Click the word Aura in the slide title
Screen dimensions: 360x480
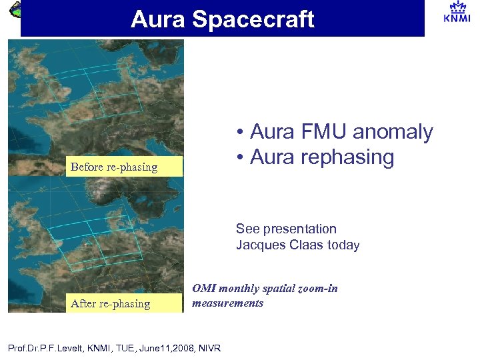[x=157, y=19]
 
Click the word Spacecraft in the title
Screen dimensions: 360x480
[x=253, y=19]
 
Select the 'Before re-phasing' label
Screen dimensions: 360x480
[x=114, y=167]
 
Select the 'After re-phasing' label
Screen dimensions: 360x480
[x=111, y=303]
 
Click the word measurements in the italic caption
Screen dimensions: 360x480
[x=228, y=303]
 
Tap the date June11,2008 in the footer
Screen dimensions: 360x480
[x=161, y=348]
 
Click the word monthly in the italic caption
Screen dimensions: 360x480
[x=236, y=289]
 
